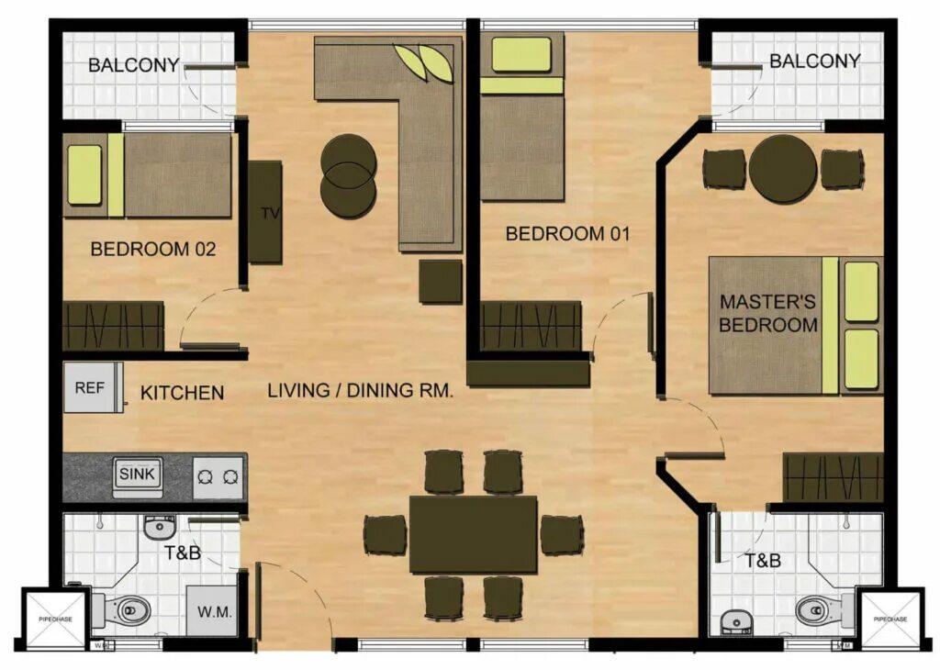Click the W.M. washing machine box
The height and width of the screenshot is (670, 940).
click(x=212, y=610)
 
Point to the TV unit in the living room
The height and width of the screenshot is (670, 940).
click(x=266, y=212)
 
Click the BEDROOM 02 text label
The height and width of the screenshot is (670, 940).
click(x=153, y=249)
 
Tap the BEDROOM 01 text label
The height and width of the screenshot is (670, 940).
click(x=567, y=234)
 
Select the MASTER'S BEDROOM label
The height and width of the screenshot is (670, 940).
click(x=768, y=313)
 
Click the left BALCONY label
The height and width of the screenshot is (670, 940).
click(x=134, y=65)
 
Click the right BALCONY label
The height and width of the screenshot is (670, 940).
click(x=814, y=61)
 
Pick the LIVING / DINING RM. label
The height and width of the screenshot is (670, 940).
click(x=361, y=391)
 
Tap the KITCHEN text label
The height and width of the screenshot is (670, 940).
click(x=182, y=393)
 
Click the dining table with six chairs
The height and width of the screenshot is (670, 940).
click(x=473, y=534)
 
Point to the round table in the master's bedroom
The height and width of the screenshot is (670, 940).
click(x=782, y=169)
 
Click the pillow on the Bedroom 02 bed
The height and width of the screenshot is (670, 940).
click(x=84, y=174)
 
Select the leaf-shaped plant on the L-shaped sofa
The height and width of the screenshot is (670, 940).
click(x=424, y=62)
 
